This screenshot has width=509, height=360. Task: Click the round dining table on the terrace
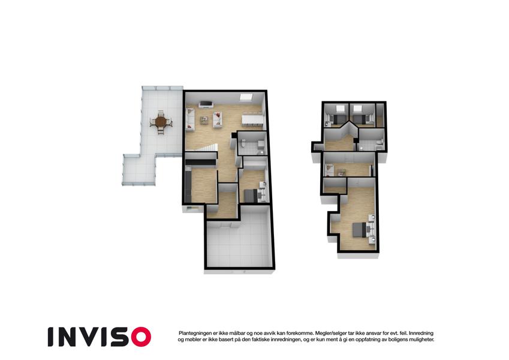[161, 122]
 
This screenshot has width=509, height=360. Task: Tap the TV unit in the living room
[206, 104]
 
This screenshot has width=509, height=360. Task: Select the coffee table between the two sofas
[204, 120]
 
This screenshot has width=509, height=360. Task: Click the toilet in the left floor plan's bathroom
[242, 143]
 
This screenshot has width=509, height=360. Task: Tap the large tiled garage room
[238, 243]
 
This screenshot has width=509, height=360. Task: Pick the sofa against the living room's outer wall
[189, 119]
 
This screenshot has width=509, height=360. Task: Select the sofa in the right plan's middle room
[330, 170]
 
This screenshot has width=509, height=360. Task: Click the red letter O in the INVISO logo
[141, 337]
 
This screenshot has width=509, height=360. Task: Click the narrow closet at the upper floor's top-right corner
[380, 115]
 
